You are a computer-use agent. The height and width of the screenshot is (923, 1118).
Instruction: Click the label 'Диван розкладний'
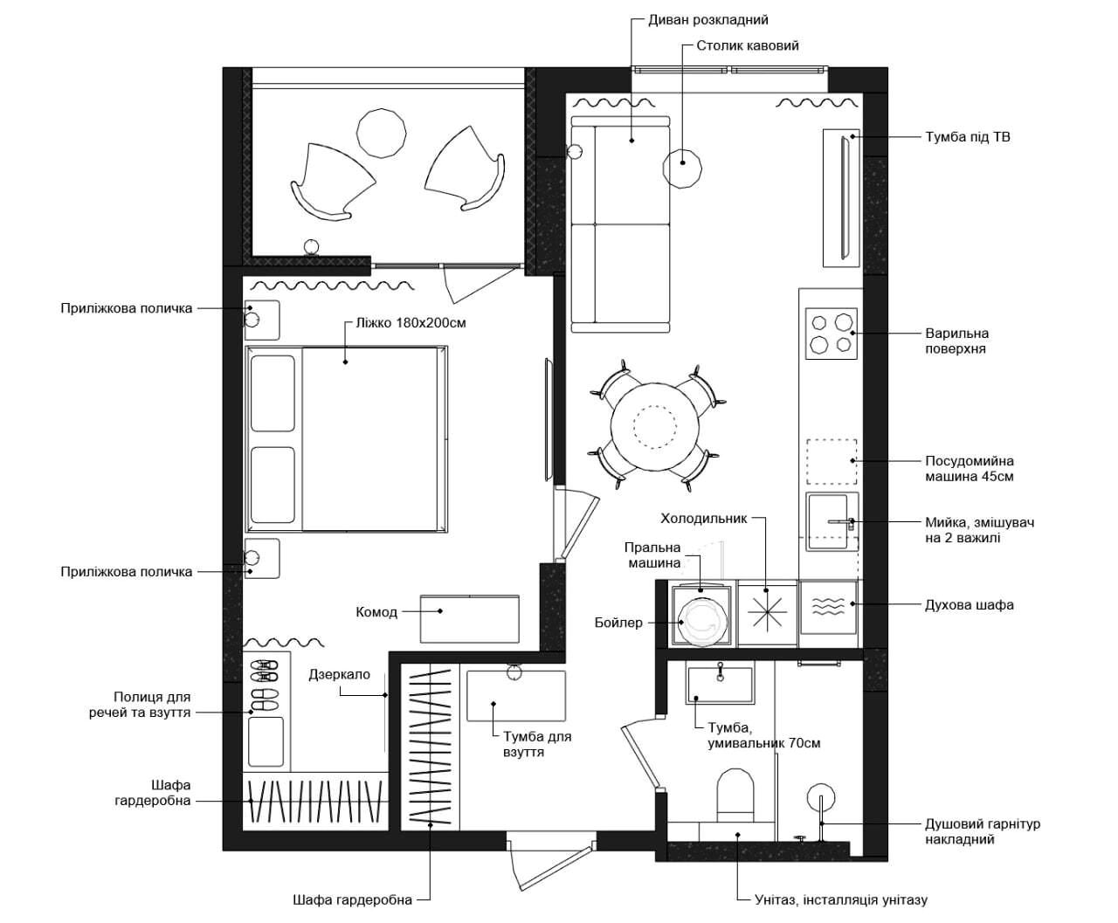[x=707, y=20]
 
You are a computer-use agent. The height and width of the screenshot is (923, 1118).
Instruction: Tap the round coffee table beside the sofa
[x=682, y=169]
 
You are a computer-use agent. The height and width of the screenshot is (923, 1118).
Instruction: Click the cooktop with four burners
[x=831, y=333]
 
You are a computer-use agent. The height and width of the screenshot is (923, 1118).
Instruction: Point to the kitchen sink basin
[x=828, y=522]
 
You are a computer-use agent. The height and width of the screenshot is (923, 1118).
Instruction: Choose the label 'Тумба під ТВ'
[x=968, y=137]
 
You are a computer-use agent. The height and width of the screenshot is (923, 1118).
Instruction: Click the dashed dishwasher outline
[x=832, y=461]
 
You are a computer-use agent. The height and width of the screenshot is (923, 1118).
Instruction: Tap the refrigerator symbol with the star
[x=767, y=611]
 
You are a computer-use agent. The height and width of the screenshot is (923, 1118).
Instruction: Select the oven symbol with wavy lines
[x=828, y=607]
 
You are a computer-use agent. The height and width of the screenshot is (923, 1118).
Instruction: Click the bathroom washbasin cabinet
[x=720, y=685]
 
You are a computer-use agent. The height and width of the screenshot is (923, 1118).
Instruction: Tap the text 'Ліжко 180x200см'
[x=411, y=323]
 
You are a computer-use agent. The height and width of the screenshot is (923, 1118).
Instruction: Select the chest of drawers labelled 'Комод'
[x=470, y=619]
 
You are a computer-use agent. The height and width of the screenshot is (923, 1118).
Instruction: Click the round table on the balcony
[x=381, y=133]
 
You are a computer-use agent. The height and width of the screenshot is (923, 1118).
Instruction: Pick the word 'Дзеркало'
[x=340, y=674]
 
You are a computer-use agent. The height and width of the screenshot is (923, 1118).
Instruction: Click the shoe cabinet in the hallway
[x=516, y=695]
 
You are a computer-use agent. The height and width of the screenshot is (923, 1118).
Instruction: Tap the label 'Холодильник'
[x=704, y=518]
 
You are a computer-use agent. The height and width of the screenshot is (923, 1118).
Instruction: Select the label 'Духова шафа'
[x=970, y=605]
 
